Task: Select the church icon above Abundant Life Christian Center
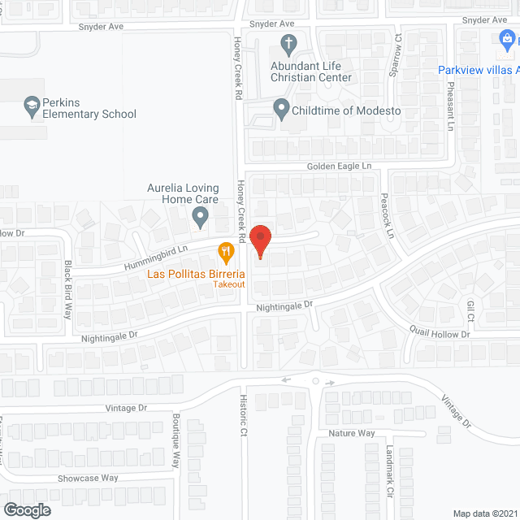[x=288, y=43]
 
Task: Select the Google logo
[x=27, y=509]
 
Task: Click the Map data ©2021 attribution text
[x=483, y=513]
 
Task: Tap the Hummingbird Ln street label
[x=156, y=257]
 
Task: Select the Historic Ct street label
[x=242, y=416]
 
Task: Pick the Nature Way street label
[x=351, y=433]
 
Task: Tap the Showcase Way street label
[x=88, y=478]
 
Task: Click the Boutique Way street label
[x=175, y=441]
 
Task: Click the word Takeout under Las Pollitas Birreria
[x=229, y=284]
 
